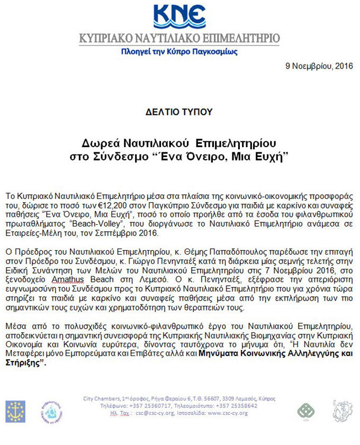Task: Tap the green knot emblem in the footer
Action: coord(304,411)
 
